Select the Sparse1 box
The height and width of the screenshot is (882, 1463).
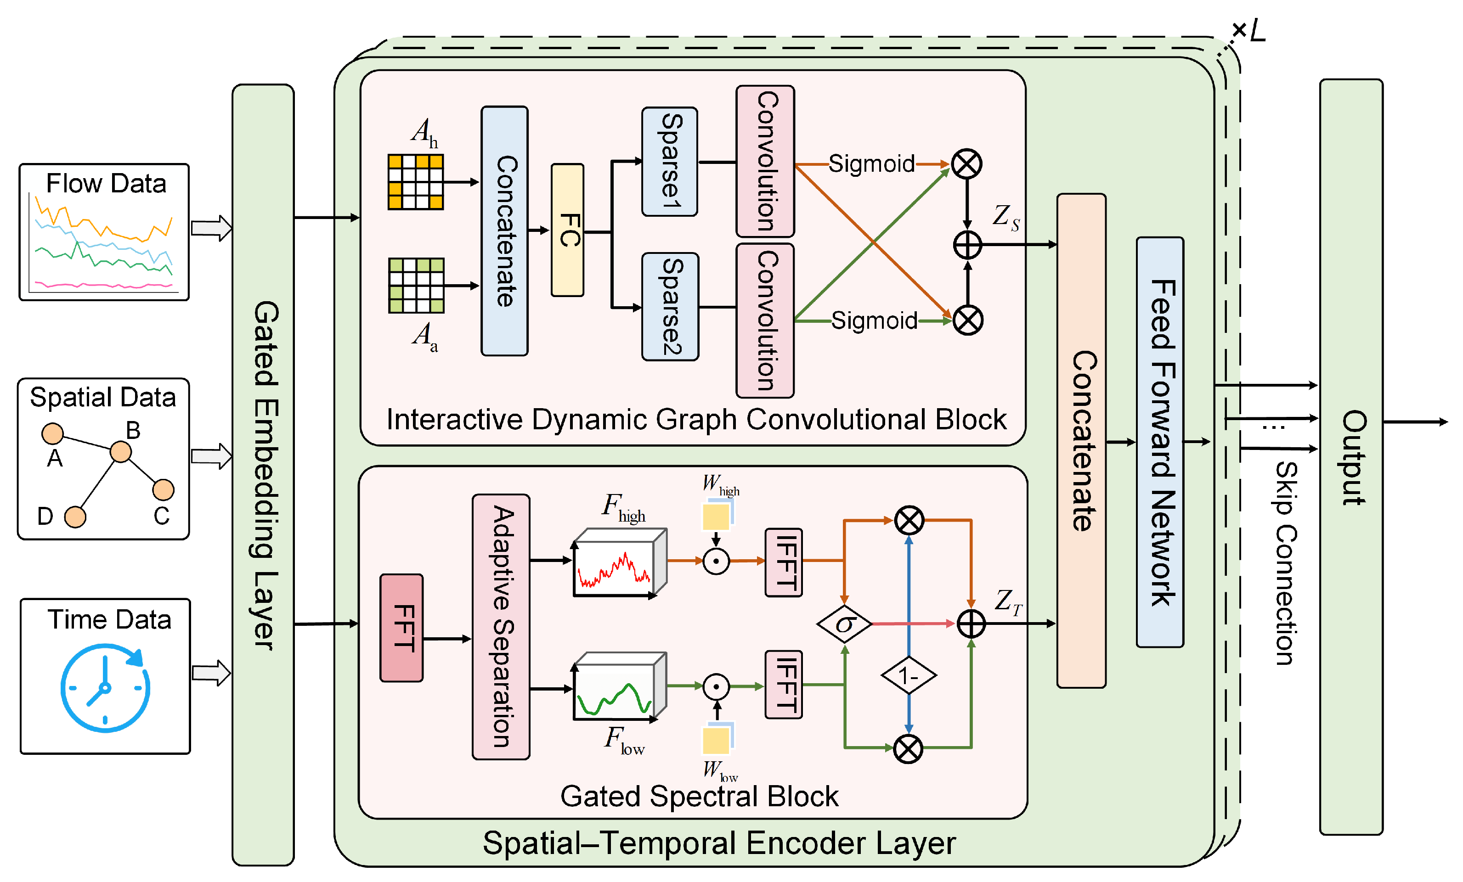click(x=669, y=162)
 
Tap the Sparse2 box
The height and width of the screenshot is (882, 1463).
click(x=670, y=306)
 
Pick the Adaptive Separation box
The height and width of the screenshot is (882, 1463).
click(x=501, y=626)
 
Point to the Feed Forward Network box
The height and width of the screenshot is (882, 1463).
click(x=1159, y=442)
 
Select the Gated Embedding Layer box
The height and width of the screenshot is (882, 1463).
click(x=263, y=474)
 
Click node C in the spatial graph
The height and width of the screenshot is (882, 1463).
click(x=163, y=490)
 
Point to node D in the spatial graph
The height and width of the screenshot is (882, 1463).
click(x=75, y=517)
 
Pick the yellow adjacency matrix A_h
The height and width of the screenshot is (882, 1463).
click(x=415, y=182)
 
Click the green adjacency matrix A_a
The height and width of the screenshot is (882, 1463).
click(x=416, y=285)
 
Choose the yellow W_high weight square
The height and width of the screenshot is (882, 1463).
click(x=716, y=517)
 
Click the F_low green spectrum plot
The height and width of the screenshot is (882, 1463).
click(x=615, y=691)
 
